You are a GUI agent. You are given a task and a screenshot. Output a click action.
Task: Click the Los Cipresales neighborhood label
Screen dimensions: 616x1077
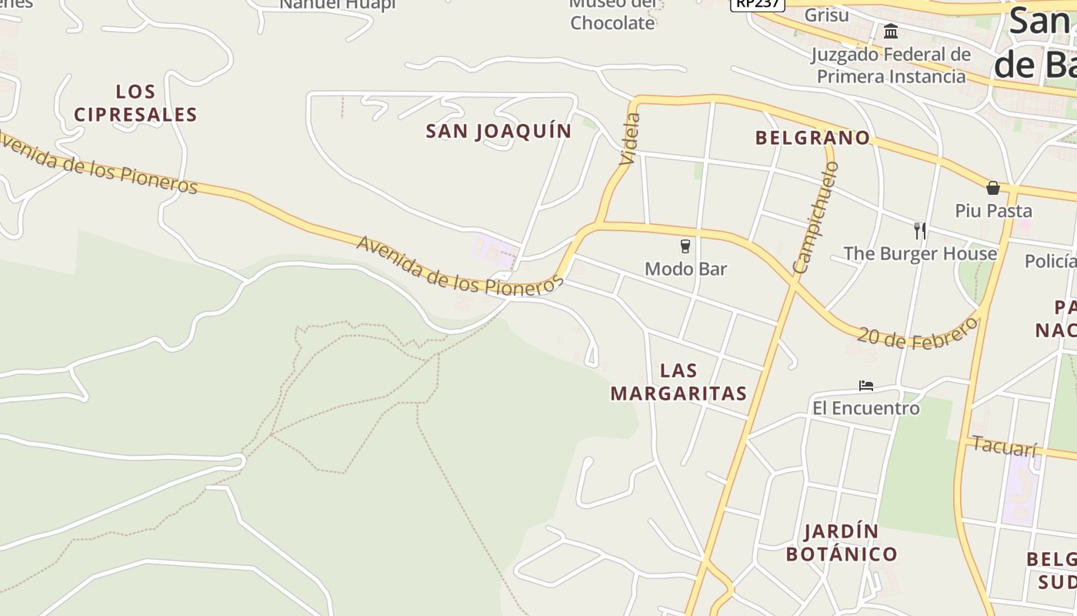coord(135,103)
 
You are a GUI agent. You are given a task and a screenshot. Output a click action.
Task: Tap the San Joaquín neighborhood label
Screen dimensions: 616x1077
coord(498,131)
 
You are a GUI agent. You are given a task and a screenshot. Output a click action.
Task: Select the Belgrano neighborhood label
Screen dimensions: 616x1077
coord(812,138)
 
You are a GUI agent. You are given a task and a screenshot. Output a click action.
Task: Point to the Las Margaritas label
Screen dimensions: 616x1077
coord(679,382)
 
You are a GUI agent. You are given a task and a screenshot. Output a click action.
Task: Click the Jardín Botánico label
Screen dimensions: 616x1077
coord(842,542)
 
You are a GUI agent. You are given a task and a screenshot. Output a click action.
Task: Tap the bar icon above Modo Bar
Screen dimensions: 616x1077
coord(685,246)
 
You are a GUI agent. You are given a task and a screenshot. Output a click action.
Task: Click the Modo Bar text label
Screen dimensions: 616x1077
coord(685,269)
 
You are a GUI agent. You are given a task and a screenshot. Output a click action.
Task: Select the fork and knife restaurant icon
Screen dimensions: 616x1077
coord(919,230)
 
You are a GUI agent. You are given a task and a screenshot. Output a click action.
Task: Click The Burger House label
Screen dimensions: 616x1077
coord(920,253)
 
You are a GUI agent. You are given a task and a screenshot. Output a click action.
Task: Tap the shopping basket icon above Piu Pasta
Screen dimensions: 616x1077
coord(993,188)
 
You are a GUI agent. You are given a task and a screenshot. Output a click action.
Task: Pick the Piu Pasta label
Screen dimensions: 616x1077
coord(993,210)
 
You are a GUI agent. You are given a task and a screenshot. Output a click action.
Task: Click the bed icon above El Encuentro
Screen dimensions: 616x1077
coord(866,385)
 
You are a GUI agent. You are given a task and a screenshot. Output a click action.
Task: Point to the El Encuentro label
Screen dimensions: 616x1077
coord(866,407)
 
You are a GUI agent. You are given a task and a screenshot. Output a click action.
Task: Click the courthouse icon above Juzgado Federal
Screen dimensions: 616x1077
coord(891,32)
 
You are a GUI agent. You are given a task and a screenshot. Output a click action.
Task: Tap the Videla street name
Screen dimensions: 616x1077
coord(629,139)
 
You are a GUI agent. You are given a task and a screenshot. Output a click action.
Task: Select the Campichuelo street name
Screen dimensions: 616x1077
coord(815,218)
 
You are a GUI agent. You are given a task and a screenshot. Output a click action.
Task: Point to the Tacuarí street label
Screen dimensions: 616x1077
coord(1004,445)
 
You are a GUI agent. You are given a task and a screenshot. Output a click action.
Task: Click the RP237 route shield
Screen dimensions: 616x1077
coord(756,4)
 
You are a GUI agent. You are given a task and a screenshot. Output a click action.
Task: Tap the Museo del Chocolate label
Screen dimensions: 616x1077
coord(612,15)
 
